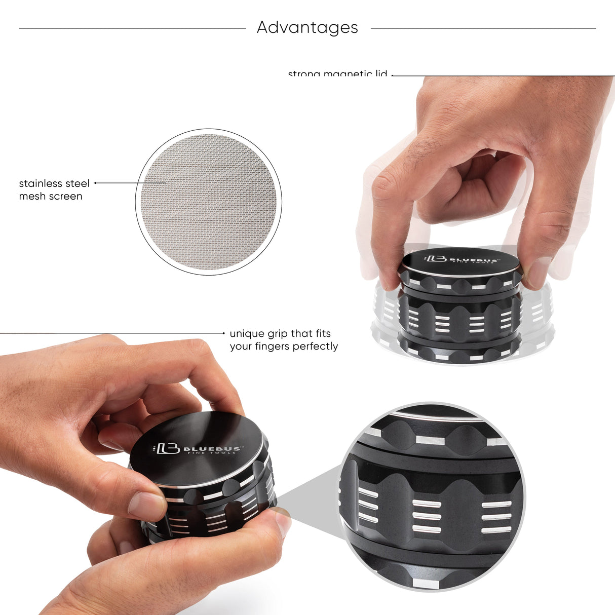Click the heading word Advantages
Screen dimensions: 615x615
307,27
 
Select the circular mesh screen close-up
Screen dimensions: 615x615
209,202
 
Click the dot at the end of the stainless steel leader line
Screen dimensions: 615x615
95,183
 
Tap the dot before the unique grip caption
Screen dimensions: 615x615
224,333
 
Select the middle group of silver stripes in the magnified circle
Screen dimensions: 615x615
427,516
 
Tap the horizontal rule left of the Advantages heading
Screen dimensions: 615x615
132,28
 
